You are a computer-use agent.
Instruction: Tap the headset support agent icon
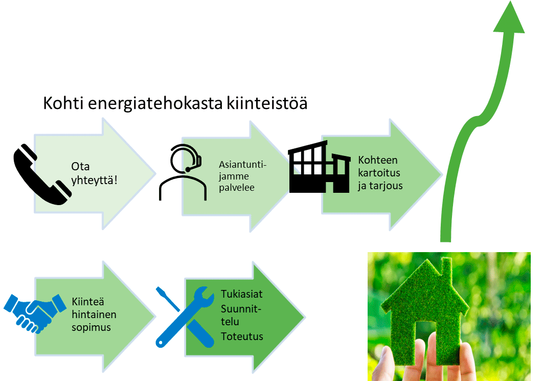183,172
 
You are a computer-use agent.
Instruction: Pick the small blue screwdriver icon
168,299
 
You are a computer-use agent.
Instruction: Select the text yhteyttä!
95,178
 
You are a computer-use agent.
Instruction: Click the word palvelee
237,188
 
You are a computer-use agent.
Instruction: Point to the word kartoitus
379,172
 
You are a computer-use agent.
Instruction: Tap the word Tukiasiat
242,294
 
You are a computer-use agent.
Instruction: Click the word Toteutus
242,336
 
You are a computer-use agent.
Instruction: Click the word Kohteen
378,160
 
